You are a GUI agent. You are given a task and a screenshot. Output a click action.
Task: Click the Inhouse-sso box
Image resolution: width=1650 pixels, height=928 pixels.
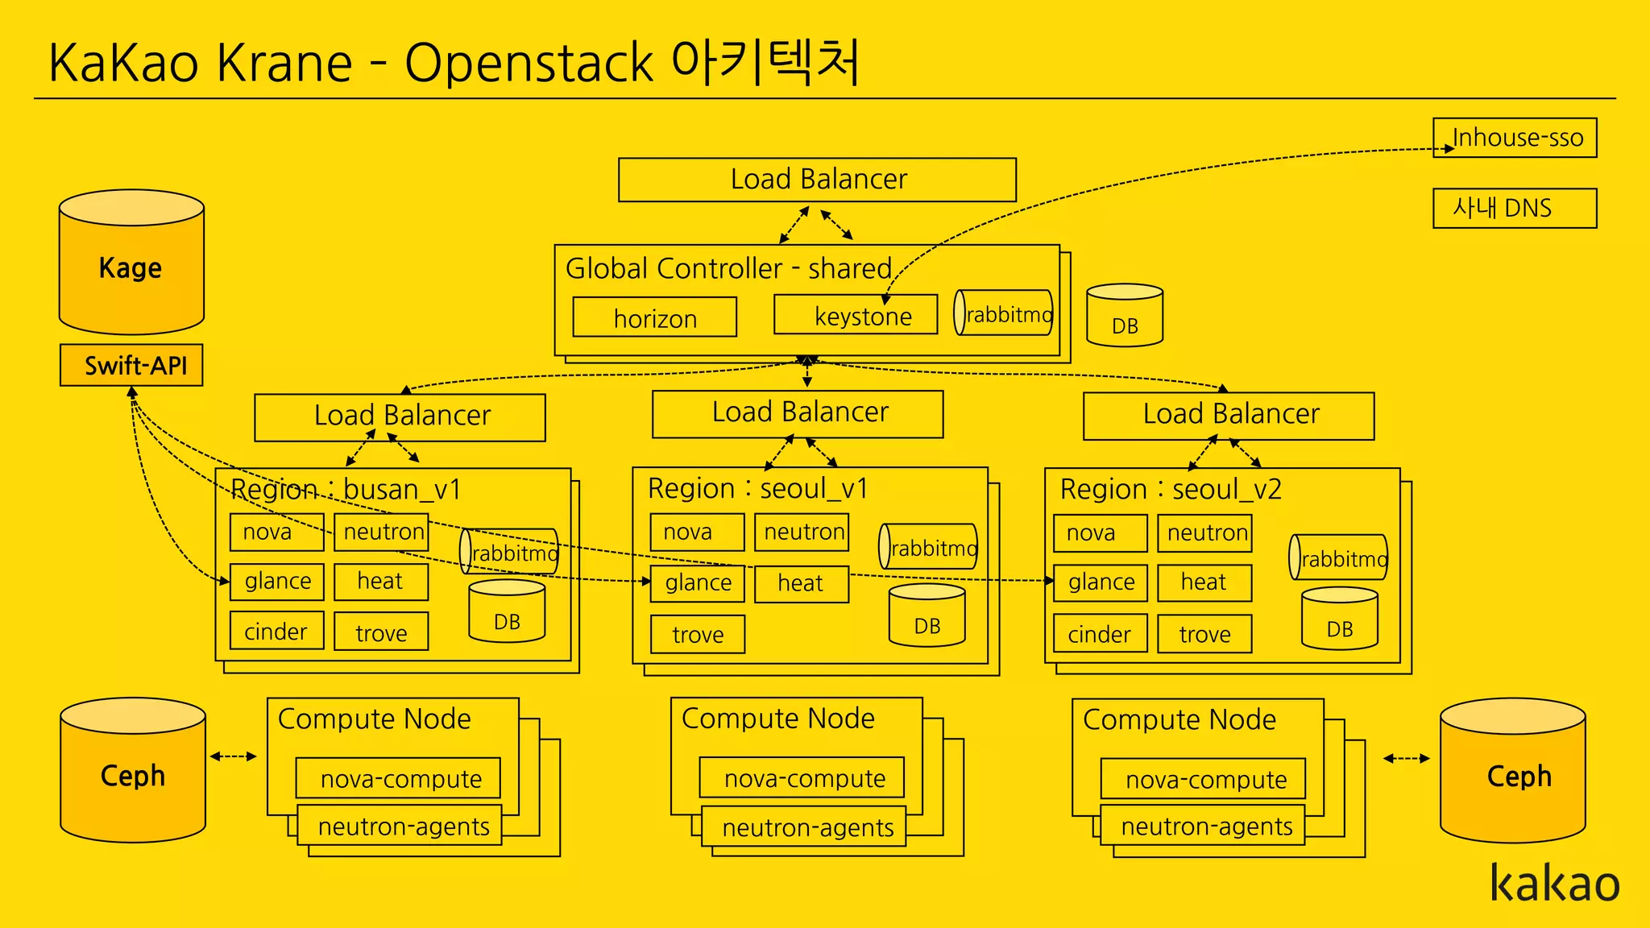(x=1515, y=138)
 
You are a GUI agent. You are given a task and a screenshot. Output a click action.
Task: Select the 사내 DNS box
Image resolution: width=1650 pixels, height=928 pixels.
(x=1515, y=209)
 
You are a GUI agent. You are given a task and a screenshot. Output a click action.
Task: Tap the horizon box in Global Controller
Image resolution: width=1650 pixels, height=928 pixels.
(x=655, y=317)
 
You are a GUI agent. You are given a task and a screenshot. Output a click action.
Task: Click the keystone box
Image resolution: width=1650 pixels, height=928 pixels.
(x=856, y=315)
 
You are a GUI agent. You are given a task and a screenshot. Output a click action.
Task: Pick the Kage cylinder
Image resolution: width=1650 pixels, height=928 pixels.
(x=131, y=267)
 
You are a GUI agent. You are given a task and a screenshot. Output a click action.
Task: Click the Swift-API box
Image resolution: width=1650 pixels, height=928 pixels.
(x=131, y=366)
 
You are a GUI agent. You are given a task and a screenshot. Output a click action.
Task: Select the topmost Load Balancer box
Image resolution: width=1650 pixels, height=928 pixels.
(x=817, y=180)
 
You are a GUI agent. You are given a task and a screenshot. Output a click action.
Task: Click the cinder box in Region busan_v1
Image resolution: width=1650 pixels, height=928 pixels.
(x=276, y=631)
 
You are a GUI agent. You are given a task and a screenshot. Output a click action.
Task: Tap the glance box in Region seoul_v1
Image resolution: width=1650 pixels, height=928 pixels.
(x=698, y=582)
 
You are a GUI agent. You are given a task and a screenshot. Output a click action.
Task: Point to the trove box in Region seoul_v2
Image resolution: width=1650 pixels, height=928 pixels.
(x=1204, y=634)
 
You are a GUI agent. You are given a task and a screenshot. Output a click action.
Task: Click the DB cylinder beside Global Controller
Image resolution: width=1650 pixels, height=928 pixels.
(x=1125, y=316)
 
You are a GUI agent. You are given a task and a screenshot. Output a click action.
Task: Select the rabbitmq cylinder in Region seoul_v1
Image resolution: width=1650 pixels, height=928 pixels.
(x=928, y=547)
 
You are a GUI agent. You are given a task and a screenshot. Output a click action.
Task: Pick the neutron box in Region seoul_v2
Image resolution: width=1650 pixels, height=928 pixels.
(x=1204, y=533)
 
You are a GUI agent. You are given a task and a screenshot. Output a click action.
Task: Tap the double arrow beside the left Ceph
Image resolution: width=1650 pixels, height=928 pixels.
(x=234, y=756)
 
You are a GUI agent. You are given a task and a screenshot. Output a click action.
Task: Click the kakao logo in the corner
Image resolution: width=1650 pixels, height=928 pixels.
(x=1554, y=884)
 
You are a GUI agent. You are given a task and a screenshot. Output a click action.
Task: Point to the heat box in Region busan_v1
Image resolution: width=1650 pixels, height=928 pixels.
(x=381, y=581)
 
